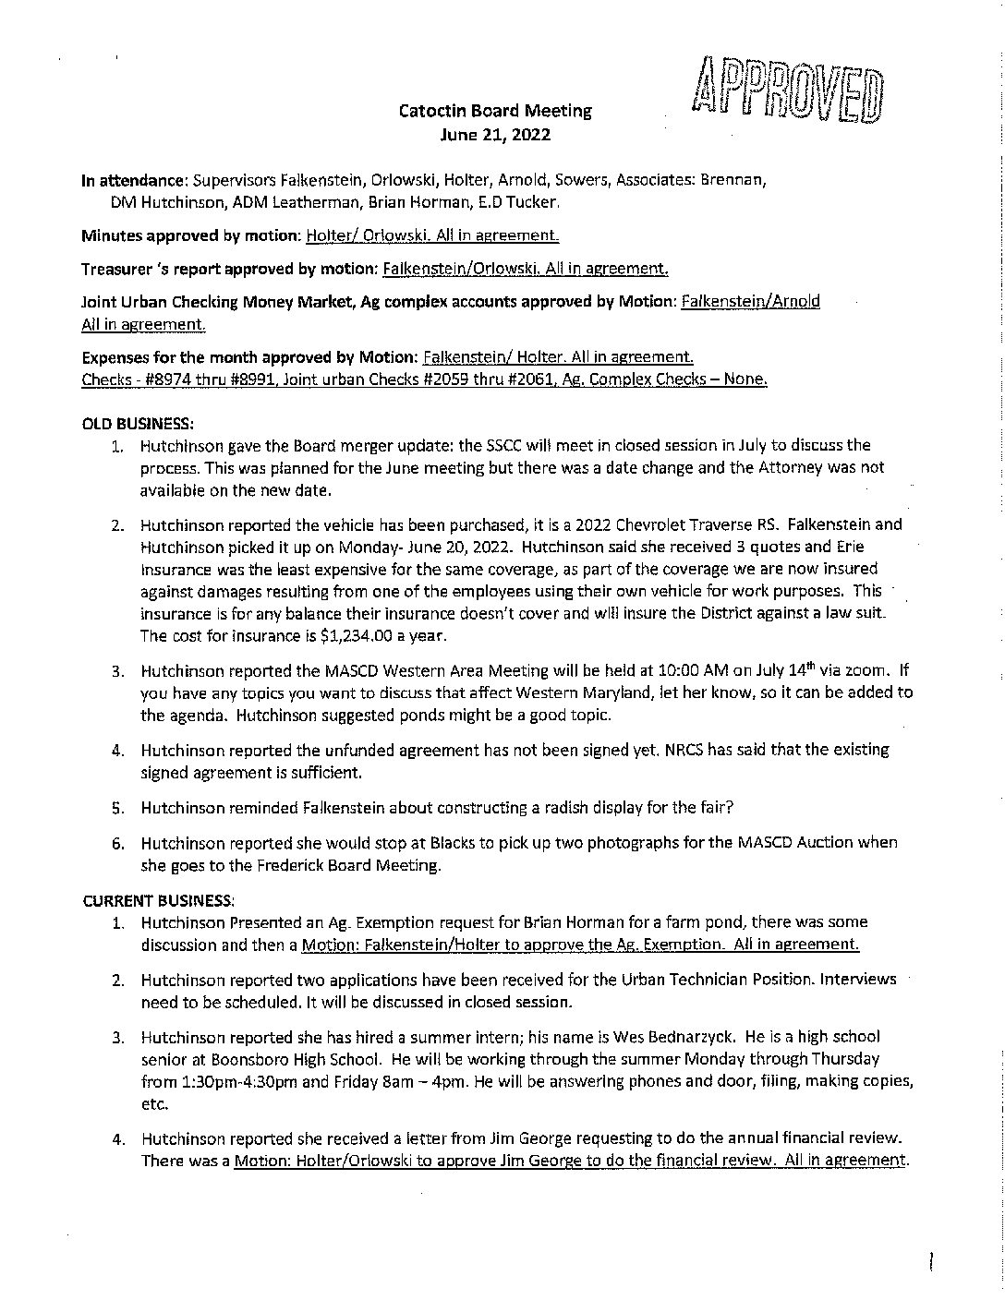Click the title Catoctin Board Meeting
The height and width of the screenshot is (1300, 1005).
(495, 111)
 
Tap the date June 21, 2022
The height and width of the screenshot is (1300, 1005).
(495, 134)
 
